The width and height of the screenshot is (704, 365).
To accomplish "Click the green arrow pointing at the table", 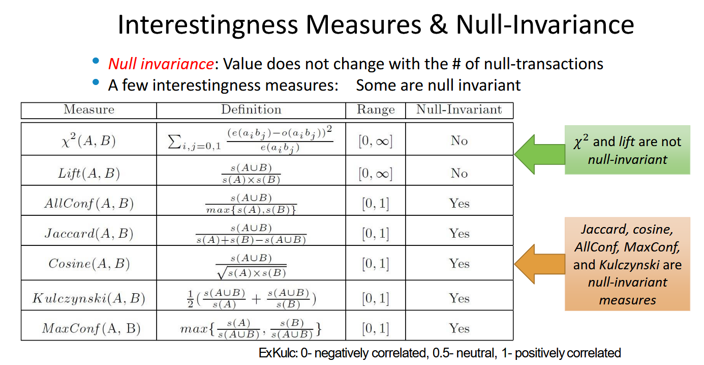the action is click(540, 154).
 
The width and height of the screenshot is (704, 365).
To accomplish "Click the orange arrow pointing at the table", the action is click(540, 264).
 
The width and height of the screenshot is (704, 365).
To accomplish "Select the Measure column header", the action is click(89, 109).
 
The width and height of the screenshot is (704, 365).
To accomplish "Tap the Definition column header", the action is click(251, 109).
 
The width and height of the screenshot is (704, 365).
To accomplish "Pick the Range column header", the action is click(376, 110).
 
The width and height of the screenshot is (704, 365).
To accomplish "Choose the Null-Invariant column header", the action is click(459, 109).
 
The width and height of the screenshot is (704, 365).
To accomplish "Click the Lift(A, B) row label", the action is click(89, 173).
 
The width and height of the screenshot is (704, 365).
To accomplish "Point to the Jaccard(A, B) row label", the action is click(89, 234).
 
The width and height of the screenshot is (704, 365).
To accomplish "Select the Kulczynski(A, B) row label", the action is click(89, 298).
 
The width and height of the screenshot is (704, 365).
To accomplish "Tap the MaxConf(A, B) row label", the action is click(91, 328).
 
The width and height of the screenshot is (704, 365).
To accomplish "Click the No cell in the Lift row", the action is click(459, 173).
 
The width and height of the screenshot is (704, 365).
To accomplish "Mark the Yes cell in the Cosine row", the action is click(459, 263).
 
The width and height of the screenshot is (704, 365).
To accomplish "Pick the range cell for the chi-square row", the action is click(376, 141).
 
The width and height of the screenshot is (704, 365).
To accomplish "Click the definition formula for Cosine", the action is click(251, 266).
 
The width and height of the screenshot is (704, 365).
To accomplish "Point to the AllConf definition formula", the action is click(251, 204).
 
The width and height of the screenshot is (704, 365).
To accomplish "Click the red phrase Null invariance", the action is click(161, 64).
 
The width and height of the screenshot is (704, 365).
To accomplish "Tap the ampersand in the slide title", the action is click(438, 24).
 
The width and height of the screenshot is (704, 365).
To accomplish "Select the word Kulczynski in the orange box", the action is click(629, 265).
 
